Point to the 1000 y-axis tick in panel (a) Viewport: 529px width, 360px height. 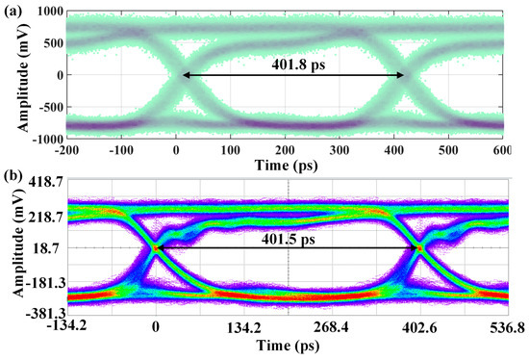pos(46,11)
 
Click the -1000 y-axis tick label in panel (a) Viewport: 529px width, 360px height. pos(44,140)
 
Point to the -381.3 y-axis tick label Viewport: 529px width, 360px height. pos(44,314)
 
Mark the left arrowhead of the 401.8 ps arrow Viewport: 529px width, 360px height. pos(185,75)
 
